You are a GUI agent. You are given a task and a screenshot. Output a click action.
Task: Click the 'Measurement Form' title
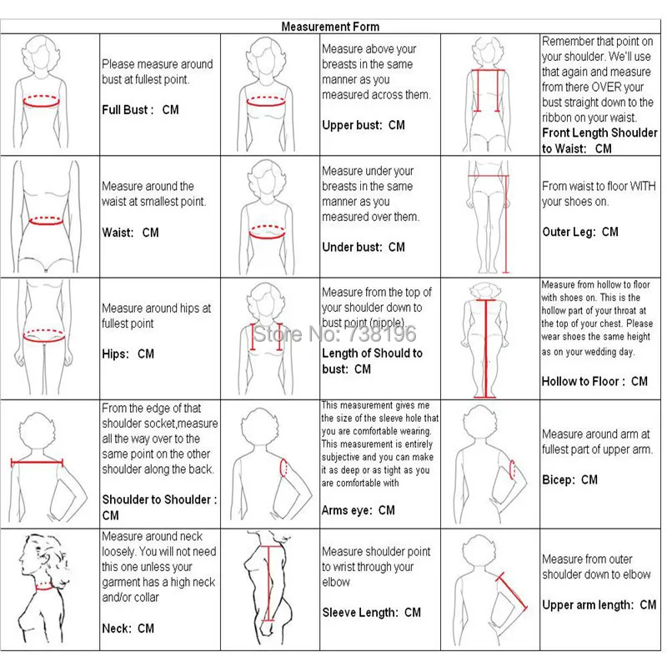point(330,27)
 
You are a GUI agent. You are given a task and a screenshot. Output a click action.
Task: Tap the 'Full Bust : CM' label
point(140,110)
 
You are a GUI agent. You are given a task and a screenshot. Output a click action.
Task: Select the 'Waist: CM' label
point(130,233)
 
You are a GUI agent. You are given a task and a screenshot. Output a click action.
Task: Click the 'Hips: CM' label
point(128,354)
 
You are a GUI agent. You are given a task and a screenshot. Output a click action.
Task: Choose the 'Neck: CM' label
point(128,629)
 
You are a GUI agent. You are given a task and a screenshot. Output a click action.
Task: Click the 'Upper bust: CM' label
point(363,125)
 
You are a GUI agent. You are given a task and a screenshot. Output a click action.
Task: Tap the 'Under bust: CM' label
point(363,247)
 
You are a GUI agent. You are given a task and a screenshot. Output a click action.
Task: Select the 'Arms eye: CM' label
point(358,510)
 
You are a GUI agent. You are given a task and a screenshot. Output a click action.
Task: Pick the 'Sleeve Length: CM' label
point(371,613)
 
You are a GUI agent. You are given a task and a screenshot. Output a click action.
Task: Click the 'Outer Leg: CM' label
point(580,232)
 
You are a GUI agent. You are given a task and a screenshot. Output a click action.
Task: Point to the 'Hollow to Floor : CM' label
point(594,381)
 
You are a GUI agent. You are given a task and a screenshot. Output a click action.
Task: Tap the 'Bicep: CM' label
point(569,479)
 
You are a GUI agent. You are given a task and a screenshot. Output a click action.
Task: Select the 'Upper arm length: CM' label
point(599,605)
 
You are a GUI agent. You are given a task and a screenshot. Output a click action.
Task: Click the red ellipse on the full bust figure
point(41,101)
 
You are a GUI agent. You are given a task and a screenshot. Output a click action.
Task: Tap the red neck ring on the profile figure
point(43,585)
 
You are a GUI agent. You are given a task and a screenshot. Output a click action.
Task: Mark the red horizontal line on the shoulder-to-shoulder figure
point(37,462)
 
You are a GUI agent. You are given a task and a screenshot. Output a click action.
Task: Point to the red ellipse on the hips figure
point(43,337)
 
